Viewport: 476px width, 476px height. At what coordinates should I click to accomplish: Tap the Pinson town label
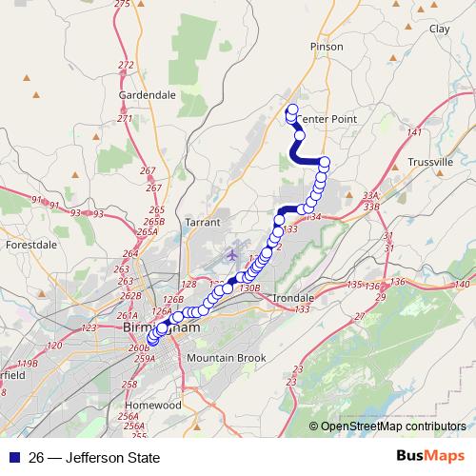tap(326, 46)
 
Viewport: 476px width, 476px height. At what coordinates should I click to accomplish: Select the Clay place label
tap(440, 30)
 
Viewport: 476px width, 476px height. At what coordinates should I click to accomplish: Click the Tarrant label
tap(204, 222)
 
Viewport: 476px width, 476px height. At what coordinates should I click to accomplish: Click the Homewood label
tap(153, 405)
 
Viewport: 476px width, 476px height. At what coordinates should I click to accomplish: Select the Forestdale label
tap(32, 245)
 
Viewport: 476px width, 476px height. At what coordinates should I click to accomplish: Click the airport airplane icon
tap(234, 254)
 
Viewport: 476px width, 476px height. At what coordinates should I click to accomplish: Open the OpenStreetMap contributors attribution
tap(392, 426)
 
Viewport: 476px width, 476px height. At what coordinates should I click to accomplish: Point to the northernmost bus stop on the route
tap(292, 109)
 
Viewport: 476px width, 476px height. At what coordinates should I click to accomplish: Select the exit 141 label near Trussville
tap(413, 132)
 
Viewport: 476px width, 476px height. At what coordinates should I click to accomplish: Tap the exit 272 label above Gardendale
tap(126, 65)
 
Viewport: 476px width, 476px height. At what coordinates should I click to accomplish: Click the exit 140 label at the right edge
tap(464, 286)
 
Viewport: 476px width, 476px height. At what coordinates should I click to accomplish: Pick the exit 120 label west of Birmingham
tap(53, 345)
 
